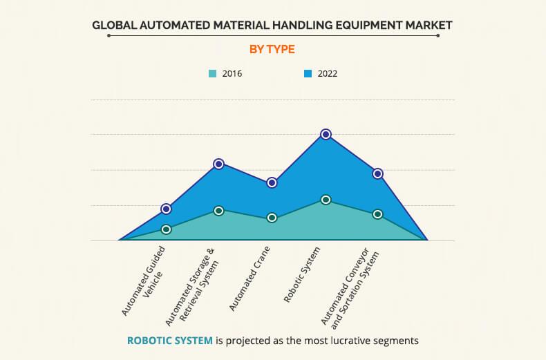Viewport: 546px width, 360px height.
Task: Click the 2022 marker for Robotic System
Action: click(326, 134)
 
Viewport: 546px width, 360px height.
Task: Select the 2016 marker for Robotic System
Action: click(326, 200)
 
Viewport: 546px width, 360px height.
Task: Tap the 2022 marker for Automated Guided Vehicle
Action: click(166, 209)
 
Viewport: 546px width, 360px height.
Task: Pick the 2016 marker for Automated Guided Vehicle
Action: click(166, 229)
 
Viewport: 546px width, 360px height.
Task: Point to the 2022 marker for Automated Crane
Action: click(272, 182)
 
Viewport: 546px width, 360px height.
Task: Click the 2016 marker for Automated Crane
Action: click(272, 218)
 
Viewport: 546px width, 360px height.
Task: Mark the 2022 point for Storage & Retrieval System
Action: click(219, 164)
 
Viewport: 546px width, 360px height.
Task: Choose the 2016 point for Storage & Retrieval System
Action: click(219, 211)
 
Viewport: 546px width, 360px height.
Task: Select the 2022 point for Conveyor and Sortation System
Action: click(378, 173)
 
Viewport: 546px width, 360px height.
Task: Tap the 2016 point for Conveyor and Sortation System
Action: click(378, 214)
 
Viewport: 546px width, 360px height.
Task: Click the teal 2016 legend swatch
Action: click(213, 73)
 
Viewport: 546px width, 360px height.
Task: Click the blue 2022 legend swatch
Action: click(308, 73)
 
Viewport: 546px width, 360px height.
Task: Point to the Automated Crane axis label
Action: click(250, 277)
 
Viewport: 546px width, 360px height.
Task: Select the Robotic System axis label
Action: click(303, 274)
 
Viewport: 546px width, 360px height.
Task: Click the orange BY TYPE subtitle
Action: click(272, 49)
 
